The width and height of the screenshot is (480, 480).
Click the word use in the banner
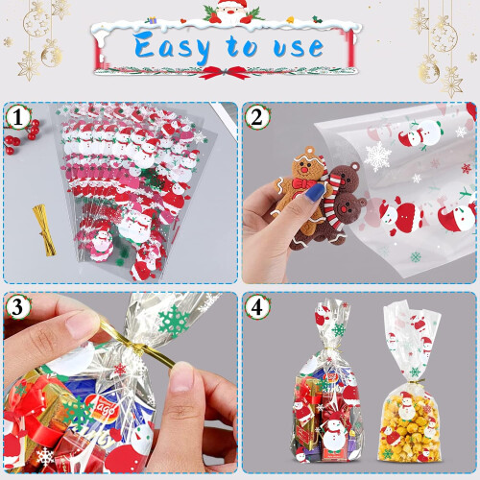299,47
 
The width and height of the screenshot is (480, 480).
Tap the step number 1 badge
18,117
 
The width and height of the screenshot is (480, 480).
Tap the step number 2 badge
257,117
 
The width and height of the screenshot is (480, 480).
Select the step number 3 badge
18,307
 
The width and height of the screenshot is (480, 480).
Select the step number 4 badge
257,307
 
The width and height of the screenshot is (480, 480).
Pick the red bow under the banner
227,72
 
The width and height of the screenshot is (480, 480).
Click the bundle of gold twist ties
45,230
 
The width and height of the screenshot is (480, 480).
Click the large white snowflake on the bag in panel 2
377,156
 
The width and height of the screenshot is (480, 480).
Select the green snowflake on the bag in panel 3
175,321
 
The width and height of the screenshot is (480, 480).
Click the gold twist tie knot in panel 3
138,348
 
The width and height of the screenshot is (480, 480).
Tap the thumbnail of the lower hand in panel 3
181,382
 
